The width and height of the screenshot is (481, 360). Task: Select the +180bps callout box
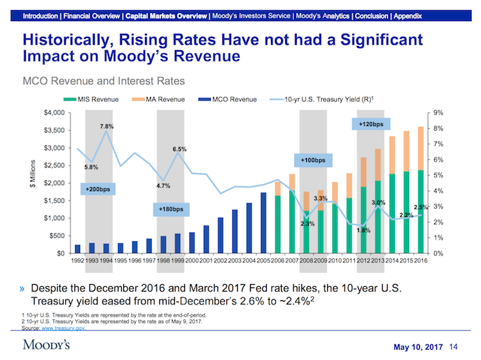pyautogui.click(x=171, y=209)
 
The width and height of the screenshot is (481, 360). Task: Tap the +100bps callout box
pyautogui.click(x=312, y=160)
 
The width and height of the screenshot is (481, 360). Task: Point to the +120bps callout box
pyautogui.click(x=370, y=124)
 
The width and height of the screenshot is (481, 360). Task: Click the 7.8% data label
pyautogui.click(x=106, y=126)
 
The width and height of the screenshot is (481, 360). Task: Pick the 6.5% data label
pyautogui.click(x=180, y=148)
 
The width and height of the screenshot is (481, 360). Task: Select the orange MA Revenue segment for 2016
pyautogui.click(x=421, y=148)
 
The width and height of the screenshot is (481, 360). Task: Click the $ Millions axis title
pyautogui.click(x=33, y=182)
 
